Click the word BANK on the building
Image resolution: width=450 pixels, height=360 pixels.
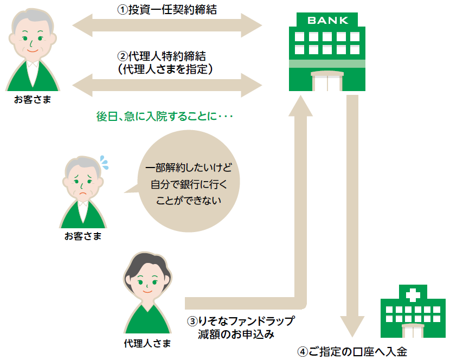coord(327,21)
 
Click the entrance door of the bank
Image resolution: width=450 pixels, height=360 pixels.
coord(326,81)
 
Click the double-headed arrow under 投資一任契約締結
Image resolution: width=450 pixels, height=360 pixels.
coord(167,25)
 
